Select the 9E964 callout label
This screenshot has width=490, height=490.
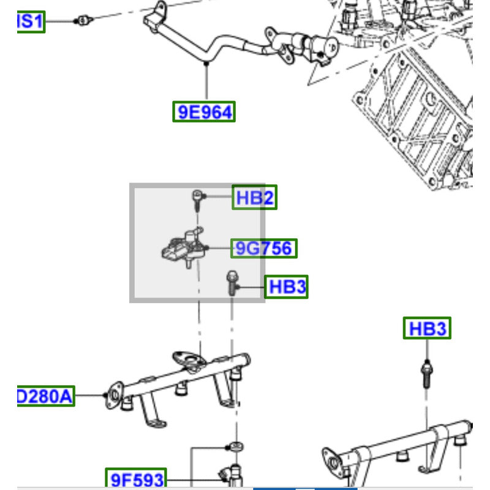203,112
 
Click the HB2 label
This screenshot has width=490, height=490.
254,198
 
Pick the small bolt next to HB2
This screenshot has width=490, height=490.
197,199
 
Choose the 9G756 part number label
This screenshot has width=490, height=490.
263,248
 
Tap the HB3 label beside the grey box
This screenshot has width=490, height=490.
286,287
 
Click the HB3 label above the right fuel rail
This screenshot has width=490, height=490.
427,329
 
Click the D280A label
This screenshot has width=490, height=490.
45,397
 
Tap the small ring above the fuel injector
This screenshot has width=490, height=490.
233,445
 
